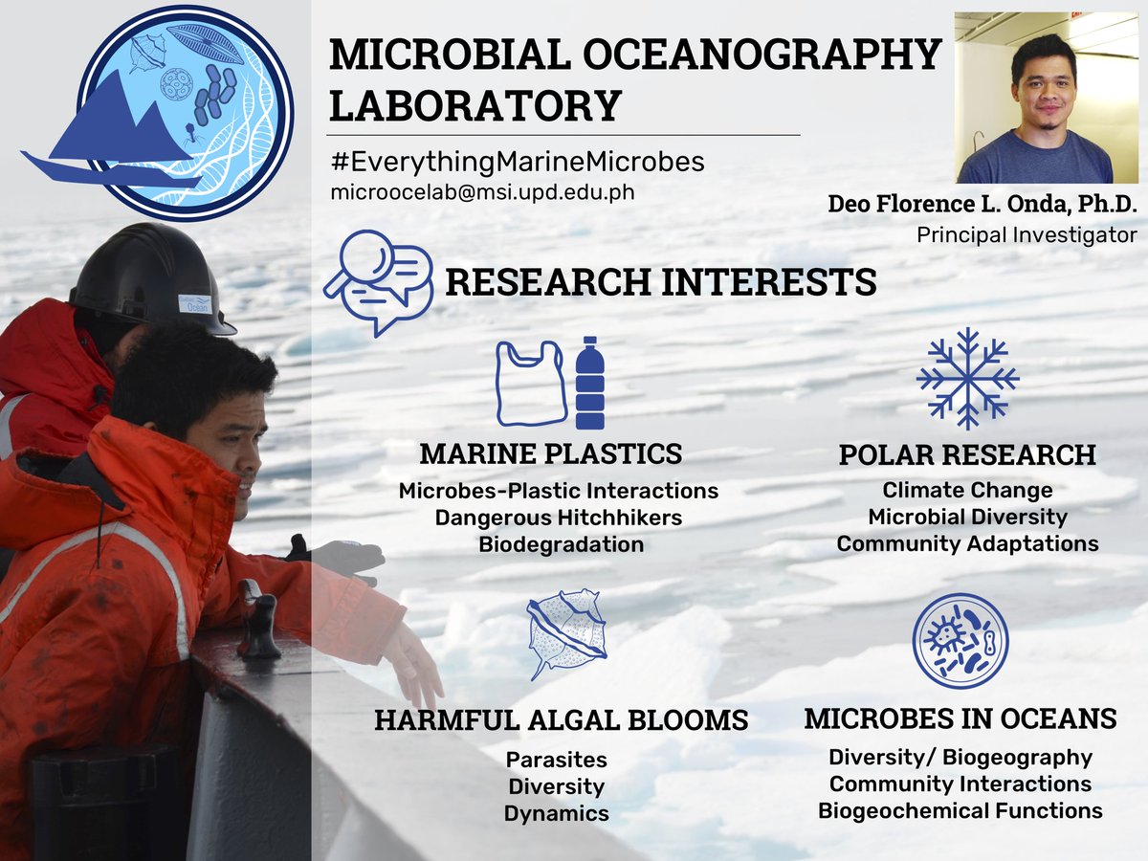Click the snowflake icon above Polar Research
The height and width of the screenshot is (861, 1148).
click(967, 378)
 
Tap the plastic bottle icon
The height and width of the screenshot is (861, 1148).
click(589, 383)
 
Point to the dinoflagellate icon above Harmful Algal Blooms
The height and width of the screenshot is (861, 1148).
click(566, 633)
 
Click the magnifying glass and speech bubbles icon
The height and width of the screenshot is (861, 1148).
click(379, 279)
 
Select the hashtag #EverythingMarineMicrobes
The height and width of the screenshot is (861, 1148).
click(517, 162)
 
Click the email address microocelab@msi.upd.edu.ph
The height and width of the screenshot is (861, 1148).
click(482, 191)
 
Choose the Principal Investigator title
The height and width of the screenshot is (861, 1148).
click(1027, 234)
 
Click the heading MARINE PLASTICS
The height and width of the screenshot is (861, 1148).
click(551, 453)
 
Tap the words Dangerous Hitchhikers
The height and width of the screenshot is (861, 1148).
click(559, 518)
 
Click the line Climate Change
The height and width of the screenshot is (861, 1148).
click(967, 490)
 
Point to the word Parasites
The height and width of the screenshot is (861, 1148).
click(557, 760)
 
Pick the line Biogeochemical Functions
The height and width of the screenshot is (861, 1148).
click(960, 810)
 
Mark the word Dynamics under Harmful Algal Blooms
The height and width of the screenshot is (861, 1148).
click(557, 813)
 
